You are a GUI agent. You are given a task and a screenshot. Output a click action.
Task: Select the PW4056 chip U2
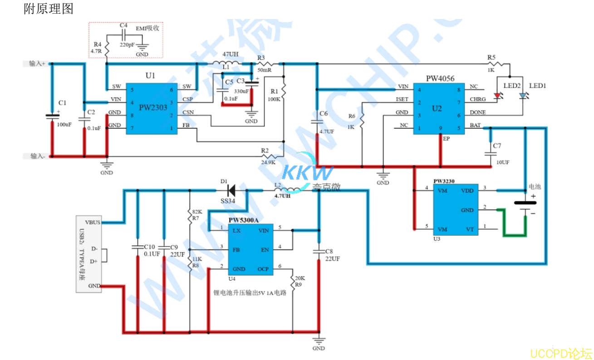(x=437, y=108)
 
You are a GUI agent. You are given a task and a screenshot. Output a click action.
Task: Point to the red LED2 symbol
(x=498, y=96)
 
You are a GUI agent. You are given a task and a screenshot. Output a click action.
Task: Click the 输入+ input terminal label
(x=36, y=64)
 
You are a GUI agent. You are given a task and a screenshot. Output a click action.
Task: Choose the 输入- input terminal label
(x=36, y=156)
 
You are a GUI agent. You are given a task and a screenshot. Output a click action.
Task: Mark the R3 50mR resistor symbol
(x=264, y=64)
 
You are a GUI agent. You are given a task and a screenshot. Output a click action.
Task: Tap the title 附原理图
(x=48, y=9)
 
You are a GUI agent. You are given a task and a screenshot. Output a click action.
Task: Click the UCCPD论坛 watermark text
(x=561, y=353)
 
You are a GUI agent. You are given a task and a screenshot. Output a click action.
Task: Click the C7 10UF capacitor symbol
(x=490, y=153)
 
